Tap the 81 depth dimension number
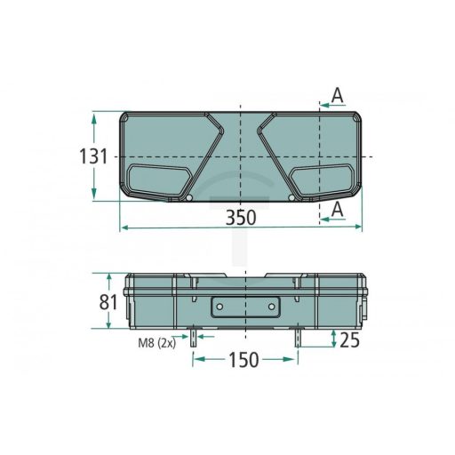pyautogui.click(x=108, y=302)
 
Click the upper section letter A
pyautogui.click(x=337, y=95)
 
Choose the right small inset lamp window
pyautogui.click(x=323, y=180)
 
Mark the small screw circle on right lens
pyautogui.click(x=290, y=196)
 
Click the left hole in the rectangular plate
pyautogui.click(x=217, y=307)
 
